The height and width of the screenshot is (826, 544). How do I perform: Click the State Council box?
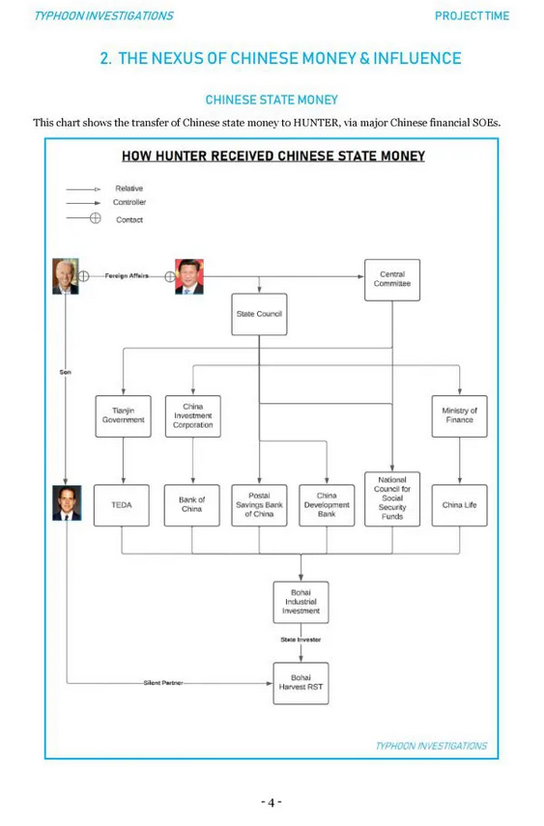[x=259, y=314]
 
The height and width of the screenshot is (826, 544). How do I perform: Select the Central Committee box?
[x=392, y=280]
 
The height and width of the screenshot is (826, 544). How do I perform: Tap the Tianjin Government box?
[x=123, y=416]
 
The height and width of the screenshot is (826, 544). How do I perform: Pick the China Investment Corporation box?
[x=193, y=416]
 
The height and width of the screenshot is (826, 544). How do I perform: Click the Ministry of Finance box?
[x=459, y=416]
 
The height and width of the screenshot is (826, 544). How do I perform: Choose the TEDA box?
[x=121, y=505]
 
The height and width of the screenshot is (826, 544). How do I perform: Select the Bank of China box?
[x=192, y=505]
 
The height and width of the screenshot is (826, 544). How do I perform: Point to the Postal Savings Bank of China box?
[x=259, y=505]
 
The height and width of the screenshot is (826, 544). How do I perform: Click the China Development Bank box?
[x=327, y=505]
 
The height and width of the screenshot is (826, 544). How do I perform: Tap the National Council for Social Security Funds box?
[x=392, y=498]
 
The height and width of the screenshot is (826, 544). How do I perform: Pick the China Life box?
[x=459, y=505]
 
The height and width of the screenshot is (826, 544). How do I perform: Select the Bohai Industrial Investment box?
[x=301, y=602]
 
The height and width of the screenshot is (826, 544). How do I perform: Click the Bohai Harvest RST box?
[x=301, y=683]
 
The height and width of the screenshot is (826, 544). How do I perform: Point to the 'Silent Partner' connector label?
[x=163, y=683]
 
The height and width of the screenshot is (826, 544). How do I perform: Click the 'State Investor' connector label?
[x=301, y=640]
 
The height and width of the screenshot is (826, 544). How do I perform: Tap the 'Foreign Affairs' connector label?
[x=127, y=275]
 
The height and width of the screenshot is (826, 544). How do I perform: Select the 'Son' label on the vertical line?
[x=66, y=372]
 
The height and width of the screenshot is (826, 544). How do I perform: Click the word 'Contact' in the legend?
[x=129, y=219]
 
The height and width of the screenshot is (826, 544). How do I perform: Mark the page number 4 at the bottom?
[x=272, y=802]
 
